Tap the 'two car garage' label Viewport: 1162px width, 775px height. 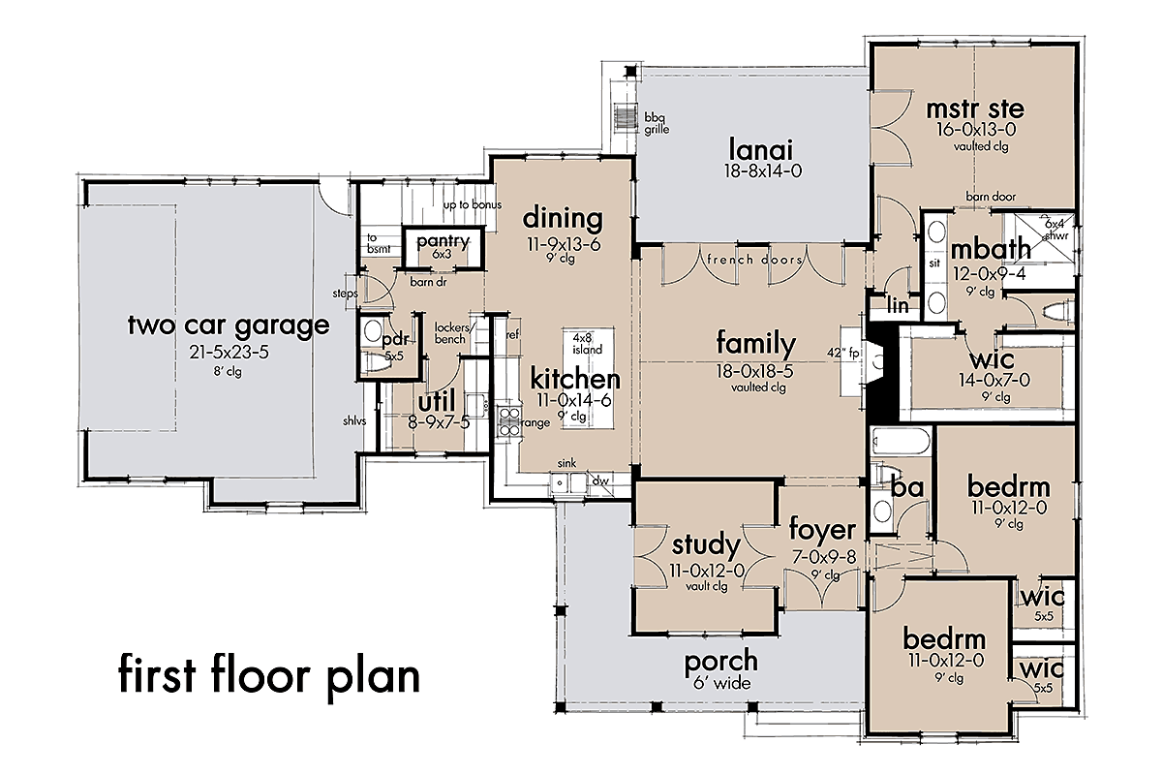tap(229, 325)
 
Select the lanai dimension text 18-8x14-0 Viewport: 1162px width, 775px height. tap(763, 170)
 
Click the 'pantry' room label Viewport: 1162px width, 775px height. tap(443, 241)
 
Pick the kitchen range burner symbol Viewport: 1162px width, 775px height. tap(509, 421)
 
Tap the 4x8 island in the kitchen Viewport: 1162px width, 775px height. tap(589, 378)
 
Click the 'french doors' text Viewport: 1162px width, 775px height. tap(754, 260)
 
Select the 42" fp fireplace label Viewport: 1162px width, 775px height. tap(843, 353)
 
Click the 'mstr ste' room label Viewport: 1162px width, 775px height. tap(975, 109)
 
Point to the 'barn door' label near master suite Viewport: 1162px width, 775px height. tap(991, 197)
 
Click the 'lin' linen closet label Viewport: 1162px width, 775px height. tap(898, 305)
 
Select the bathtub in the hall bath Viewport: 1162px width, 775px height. tap(902, 443)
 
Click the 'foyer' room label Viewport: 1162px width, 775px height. tap(822, 531)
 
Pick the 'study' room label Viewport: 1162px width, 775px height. tap(706, 545)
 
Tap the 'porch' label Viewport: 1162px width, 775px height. tap(721, 663)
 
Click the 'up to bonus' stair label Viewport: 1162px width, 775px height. tap(473, 205)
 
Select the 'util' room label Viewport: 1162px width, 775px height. tap(437, 401)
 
